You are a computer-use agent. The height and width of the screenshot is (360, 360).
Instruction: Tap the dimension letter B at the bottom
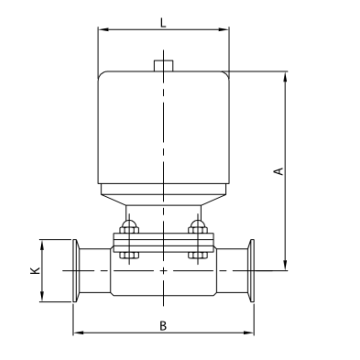[x=162, y=323]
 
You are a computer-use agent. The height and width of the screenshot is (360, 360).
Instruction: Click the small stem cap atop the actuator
[x=162, y=67]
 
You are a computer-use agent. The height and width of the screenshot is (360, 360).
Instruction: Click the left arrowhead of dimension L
[x=100, y=31]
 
